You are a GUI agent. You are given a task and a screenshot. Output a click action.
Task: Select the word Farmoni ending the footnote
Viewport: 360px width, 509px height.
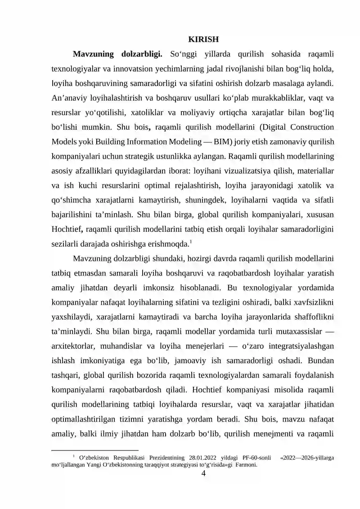(x=245, y=465)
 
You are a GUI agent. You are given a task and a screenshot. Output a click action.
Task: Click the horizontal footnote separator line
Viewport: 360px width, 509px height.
(x=95, y=450)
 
